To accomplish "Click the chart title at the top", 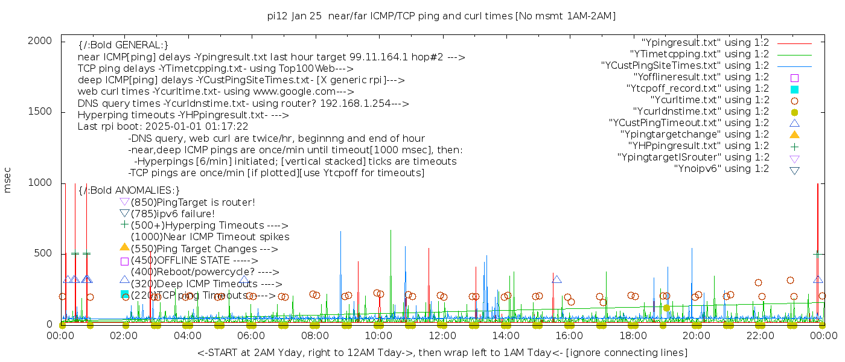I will click(x=441, y=16).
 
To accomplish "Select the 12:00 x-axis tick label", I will click(x=442, y=336).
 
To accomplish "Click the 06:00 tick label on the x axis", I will click(x=251, y=336).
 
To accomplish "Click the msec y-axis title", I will click(x=8, y=183).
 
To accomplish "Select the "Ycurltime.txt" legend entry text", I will click(x=710, y=100).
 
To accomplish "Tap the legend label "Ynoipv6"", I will click(x=721, y=169).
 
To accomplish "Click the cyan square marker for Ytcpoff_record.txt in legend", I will click(x=794, y=89).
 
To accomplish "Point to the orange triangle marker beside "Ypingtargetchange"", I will click(x=794, y=134).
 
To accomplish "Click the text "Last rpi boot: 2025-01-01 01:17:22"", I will click(x=163, y=127).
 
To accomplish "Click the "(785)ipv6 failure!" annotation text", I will click(x=173, y=214).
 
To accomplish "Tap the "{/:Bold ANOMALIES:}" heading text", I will click(x=129, y=191).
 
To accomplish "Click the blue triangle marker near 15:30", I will click(x=556, y=279).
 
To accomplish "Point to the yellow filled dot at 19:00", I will click(x=666, y=308).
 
